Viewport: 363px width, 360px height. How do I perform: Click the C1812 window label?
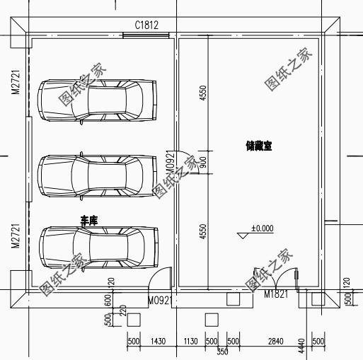click(x=146, y=25)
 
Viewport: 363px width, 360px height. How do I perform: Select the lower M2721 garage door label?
click(x=15, y=236)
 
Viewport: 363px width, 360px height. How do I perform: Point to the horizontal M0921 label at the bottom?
click(x=161, y=301)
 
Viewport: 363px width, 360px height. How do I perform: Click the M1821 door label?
click(x=276, y=294)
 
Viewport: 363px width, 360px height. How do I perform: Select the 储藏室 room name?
click(x=259, y=146)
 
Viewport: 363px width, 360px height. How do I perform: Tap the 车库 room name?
click(x=88, y=221)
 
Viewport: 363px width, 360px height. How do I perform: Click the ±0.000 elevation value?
click(x=262, y=228)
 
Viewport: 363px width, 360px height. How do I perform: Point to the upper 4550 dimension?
click(x=203, y=94)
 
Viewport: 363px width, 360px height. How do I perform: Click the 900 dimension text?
click(x=203, y=162)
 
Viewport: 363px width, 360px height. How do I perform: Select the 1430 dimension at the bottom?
click(x=158, y=342)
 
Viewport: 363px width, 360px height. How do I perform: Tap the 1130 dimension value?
click(x=190, y=342)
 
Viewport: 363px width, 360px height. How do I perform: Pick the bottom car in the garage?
click(x=98, y=247)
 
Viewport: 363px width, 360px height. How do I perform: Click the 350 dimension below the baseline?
click(x=222, y=352)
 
